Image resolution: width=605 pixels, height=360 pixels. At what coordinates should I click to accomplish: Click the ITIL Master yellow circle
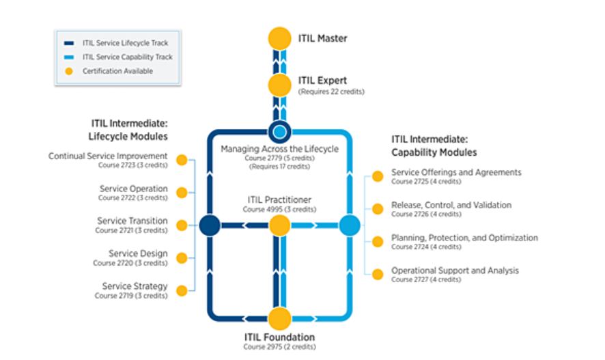pyautogui.click(x=279, y=39)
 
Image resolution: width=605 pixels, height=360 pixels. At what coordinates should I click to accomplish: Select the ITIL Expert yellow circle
pyautogui.click(x=279, y=85)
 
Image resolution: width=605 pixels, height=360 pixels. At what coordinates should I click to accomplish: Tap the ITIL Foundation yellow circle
pyautogui.click(x=279, y=318)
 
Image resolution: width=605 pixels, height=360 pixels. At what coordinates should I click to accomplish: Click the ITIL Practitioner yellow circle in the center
pyautogui.click(x=279, y=225)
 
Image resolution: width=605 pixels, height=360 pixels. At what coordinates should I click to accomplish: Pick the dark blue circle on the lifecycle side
pyautogui.click(x=210, y=225)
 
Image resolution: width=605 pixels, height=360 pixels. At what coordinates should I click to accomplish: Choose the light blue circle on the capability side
pyautogui.click(x=349, y=225)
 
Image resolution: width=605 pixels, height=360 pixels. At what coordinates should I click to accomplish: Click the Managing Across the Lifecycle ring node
pyautogui.click(x=279, y=131)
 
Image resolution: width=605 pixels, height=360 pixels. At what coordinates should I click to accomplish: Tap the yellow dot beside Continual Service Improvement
pyautogui.click(x=182, y=160)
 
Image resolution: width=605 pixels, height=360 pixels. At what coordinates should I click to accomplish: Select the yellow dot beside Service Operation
pyautogui.click(x=182, y=193)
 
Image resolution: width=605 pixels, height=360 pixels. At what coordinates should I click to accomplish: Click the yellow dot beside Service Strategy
pyautogui.click(x=182, y=290)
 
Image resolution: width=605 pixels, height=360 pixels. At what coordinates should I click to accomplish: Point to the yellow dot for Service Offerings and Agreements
pyautogui.click(x=378, y=176)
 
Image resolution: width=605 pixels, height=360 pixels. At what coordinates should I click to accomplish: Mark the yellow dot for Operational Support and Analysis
pyautogui.click(x=378, y=274)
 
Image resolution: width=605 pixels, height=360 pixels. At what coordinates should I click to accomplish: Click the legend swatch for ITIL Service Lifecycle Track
pyautogui.click(x=68, y=42)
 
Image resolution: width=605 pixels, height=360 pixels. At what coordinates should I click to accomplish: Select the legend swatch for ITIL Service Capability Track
pyautogui.click(x=68, y=57)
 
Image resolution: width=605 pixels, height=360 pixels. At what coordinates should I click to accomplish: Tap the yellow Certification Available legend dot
pyautogui.click(x=68, y=71)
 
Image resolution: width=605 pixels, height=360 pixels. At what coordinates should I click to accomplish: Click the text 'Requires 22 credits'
pyautogui.click(x=331, y=92)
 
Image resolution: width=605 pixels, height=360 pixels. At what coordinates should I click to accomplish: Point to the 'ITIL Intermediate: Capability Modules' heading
pyautogui.click(x=434, y=145)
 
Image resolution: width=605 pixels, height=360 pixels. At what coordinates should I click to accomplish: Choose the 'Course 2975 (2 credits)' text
pyautogui.click(x=279, y=346)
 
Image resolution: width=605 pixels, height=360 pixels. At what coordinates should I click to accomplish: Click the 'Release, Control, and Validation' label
pyautogui.click(x=451, y=205)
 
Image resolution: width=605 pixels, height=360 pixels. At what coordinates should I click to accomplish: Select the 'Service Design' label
pyautogui.click(x=142, y=253)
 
